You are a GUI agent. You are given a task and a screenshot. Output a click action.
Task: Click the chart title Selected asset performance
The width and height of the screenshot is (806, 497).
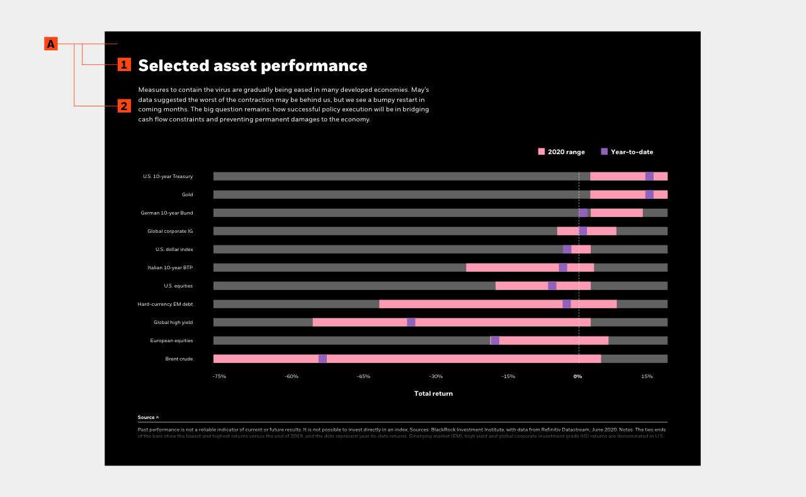[253, 66]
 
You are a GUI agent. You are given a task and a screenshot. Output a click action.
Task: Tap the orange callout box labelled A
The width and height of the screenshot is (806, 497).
[51, 44]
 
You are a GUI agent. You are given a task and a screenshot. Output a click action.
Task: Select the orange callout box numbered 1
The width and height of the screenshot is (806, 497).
[124, 64]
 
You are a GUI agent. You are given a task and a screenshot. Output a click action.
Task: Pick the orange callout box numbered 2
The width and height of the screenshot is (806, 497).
[124, 106]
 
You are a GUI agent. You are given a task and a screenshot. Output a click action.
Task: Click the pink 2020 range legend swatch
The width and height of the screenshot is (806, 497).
[542, 152]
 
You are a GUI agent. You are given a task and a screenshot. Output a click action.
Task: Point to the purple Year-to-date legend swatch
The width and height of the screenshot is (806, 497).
[604, 152]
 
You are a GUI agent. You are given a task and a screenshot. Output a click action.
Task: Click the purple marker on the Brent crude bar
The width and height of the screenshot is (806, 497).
[322, 359]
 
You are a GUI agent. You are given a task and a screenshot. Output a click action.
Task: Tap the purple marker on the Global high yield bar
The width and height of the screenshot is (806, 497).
[411, 322]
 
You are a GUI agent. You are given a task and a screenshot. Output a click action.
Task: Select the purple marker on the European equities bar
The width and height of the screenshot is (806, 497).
[495, 340]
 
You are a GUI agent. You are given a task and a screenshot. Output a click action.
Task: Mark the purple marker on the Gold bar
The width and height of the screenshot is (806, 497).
[649, 194]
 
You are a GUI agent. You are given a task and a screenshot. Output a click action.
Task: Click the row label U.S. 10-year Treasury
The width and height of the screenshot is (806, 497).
[167, 177]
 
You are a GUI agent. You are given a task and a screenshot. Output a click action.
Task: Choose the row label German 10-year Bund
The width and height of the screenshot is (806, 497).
[167, 213]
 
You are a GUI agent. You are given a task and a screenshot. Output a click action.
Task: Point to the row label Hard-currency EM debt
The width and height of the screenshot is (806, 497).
[165, 304]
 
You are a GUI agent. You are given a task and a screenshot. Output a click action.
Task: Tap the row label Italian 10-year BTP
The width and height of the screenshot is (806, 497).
[170, 268]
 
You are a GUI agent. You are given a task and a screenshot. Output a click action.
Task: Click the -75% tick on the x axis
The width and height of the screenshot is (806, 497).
[219, 376]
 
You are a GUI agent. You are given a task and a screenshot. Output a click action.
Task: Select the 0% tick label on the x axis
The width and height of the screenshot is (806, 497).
[577, 376]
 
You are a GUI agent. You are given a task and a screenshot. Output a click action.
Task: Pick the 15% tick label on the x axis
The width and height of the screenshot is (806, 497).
[647, 376]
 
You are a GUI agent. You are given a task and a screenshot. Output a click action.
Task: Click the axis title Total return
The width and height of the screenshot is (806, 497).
[433, 394]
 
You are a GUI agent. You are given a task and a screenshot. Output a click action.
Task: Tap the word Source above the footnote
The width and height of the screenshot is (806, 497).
[146, 417]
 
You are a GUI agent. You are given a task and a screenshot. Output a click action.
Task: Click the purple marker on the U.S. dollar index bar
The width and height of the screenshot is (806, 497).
[567, 249]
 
